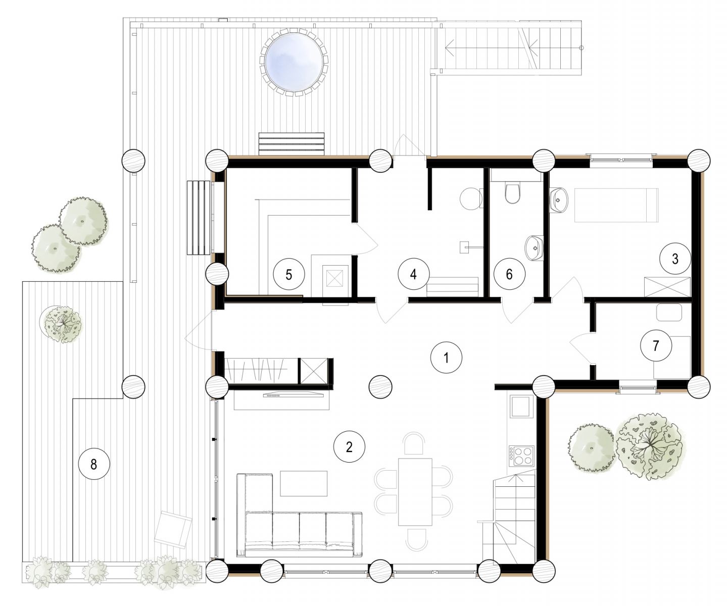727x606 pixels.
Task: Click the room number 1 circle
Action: point(446,358)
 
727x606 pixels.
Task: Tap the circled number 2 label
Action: point(349,447)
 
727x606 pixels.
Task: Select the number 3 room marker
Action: point(675,259)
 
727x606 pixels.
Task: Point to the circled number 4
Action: point(413,274)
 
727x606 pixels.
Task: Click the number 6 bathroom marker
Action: point(509,274)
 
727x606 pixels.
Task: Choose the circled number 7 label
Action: point(656,345)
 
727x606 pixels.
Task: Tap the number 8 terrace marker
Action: point(93,464)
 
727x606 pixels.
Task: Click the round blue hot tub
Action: point(294,62)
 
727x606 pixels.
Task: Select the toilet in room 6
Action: point(512,193)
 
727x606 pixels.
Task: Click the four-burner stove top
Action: point(521,456)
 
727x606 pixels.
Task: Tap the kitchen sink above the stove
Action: point(521,406)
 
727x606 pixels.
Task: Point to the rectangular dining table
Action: point(415,492)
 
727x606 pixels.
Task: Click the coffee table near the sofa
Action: point(304,483)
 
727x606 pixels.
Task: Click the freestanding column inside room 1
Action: point(380,387)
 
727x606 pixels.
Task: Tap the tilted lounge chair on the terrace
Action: point(173,529)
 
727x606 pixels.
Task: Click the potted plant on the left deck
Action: point(61,324)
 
